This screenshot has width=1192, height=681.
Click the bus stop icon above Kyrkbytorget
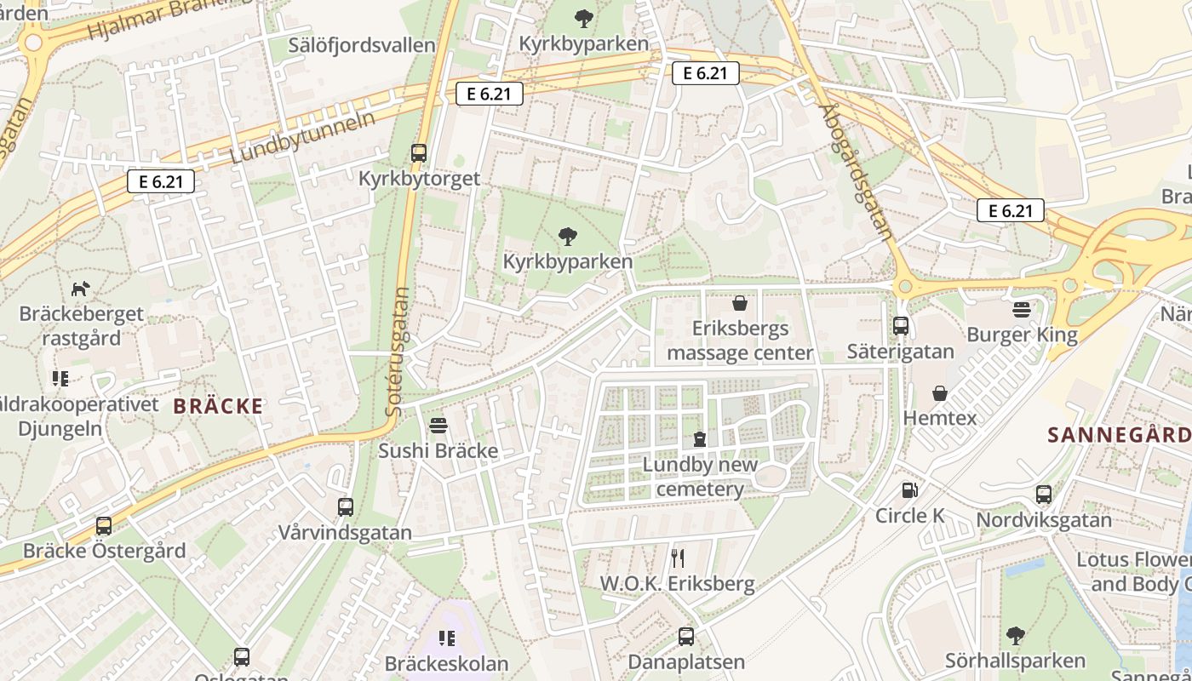click(x=418, y=153)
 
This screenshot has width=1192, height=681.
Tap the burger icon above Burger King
click(x=1022, y=309)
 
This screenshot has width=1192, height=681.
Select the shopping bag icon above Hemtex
click(x=940, y=392)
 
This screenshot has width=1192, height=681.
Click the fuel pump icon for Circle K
click(x=909, y=490)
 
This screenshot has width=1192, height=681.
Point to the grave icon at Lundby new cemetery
click(x=700, y=439)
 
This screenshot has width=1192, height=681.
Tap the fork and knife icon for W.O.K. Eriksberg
click(x=678, y=558)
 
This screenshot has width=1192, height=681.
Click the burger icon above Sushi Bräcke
click(x=438, y=425)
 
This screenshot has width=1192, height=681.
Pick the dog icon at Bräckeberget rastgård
click(x=81, y=289)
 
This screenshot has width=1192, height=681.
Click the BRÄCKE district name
click(x=218, y=406)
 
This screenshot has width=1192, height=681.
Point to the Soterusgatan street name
click(x=397, y=351)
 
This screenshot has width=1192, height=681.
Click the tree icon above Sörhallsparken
click(x=1015, y=635)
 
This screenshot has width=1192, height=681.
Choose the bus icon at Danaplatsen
click(x=685, y=636)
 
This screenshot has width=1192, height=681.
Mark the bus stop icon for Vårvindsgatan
click(x=345, y=507)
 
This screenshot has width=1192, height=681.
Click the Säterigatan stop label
click(x=900, y=352)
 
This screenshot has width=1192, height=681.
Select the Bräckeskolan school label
click(x=446, y=663)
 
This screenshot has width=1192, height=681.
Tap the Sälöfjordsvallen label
click(x=362, y=45)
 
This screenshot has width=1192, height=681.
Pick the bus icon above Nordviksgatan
click(x=1043, y=495)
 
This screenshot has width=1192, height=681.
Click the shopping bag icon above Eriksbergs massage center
click(x=739, y=303)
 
